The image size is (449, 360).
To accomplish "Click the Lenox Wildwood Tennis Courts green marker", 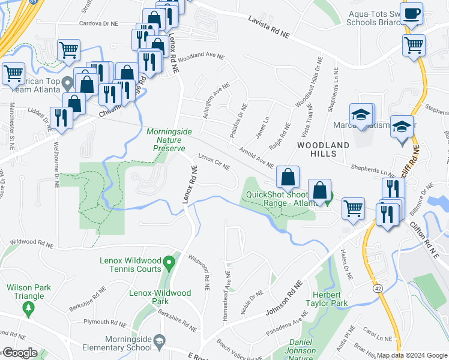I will pyautogui.click(x=169, y=262).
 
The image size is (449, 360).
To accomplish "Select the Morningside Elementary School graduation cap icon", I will pyautogui.click(x=159, y=342).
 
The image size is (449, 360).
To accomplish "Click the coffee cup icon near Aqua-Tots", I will pyautogui.click(x=412, y=14).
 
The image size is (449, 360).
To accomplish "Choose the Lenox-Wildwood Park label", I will pyautogui.click(x=160, y=298).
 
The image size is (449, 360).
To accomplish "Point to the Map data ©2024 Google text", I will pyautogui.click(x=411, y=355).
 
